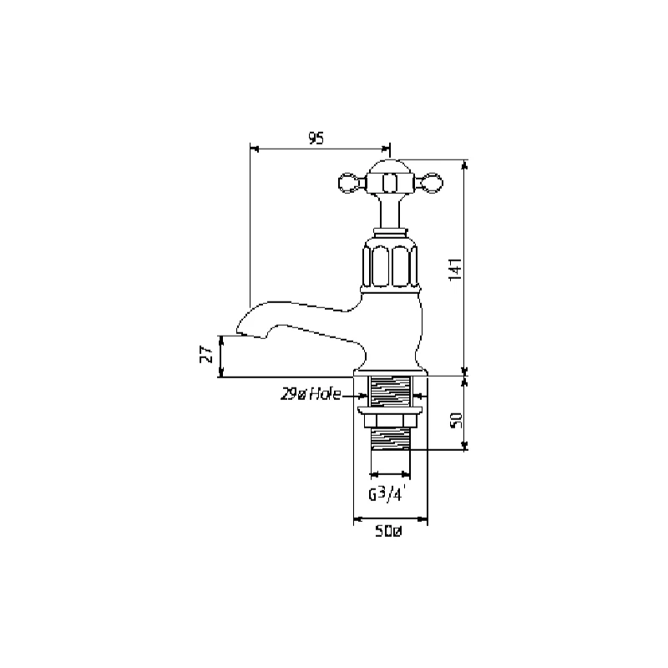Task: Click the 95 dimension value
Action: tap(316, 139)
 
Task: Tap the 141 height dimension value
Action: tap(455, 269)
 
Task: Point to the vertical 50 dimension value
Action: tap(455, 419)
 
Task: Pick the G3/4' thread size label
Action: tap(387, 493)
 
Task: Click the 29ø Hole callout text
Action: tap(311, 395)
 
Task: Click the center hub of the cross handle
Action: tap(389, 179)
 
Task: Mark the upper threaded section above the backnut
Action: tap(391, 391)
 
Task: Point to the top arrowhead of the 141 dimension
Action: tap(464, 163)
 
